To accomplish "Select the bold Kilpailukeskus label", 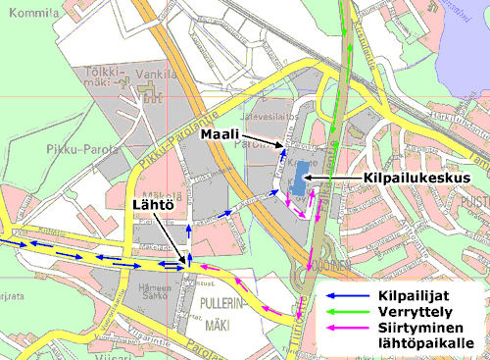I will pos(412,177).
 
